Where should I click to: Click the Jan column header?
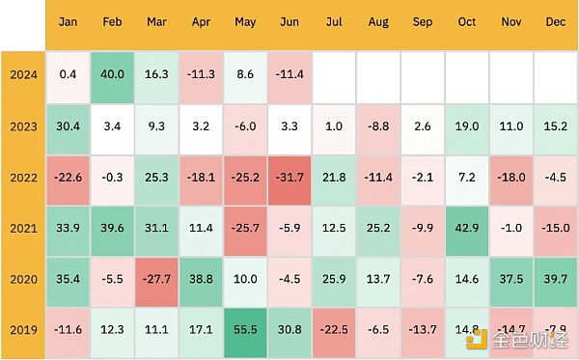tap(69, 21)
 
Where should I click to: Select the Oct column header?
tap(467, 21)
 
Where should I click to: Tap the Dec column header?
tap(555, 21)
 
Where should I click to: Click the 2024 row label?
tap(22, 74)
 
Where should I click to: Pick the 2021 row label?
tap(22, 228)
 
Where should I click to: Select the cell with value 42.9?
tap(467, 228)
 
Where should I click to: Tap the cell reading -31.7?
tap(289, 177)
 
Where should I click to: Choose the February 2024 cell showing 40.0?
tap(112, 74)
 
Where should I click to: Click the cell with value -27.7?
tap(156, 280)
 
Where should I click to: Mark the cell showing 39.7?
tap(555, 280)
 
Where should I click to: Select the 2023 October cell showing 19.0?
tap(467, 125)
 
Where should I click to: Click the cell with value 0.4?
tap(69, 74)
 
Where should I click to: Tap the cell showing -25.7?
tap(245, 228)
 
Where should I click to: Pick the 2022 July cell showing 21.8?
tap(334, 177)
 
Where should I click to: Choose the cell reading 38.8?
tap(201, 280)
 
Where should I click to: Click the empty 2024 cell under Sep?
tap(423, 74)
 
